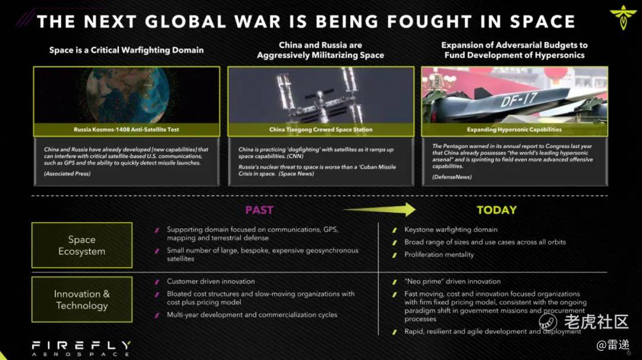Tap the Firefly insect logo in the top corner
(x=623, y=18)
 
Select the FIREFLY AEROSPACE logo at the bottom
(x=81, y=349)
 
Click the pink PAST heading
(x=259, y=210)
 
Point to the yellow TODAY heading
(x=496, y=210)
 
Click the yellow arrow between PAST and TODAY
(x=379, y=210)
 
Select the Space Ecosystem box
(x=82, y=245)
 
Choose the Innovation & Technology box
(x=82, y=299)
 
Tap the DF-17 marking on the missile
(x=519, y=99)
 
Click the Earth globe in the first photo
(x=128, y=95)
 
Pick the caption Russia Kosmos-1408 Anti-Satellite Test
(x=127, y=130)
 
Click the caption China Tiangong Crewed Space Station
(x=321, y=130)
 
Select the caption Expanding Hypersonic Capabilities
(x=514, y=130)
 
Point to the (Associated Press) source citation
(x=67, y=174)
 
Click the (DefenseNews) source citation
(x=452, y=177)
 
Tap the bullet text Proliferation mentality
(x=439, y=255)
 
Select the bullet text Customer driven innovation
(x=211, y=282)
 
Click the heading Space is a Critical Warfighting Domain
(x=127, y=50)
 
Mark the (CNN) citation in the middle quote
(x=294, y=156)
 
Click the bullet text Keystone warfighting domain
(x=451, y=230)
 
